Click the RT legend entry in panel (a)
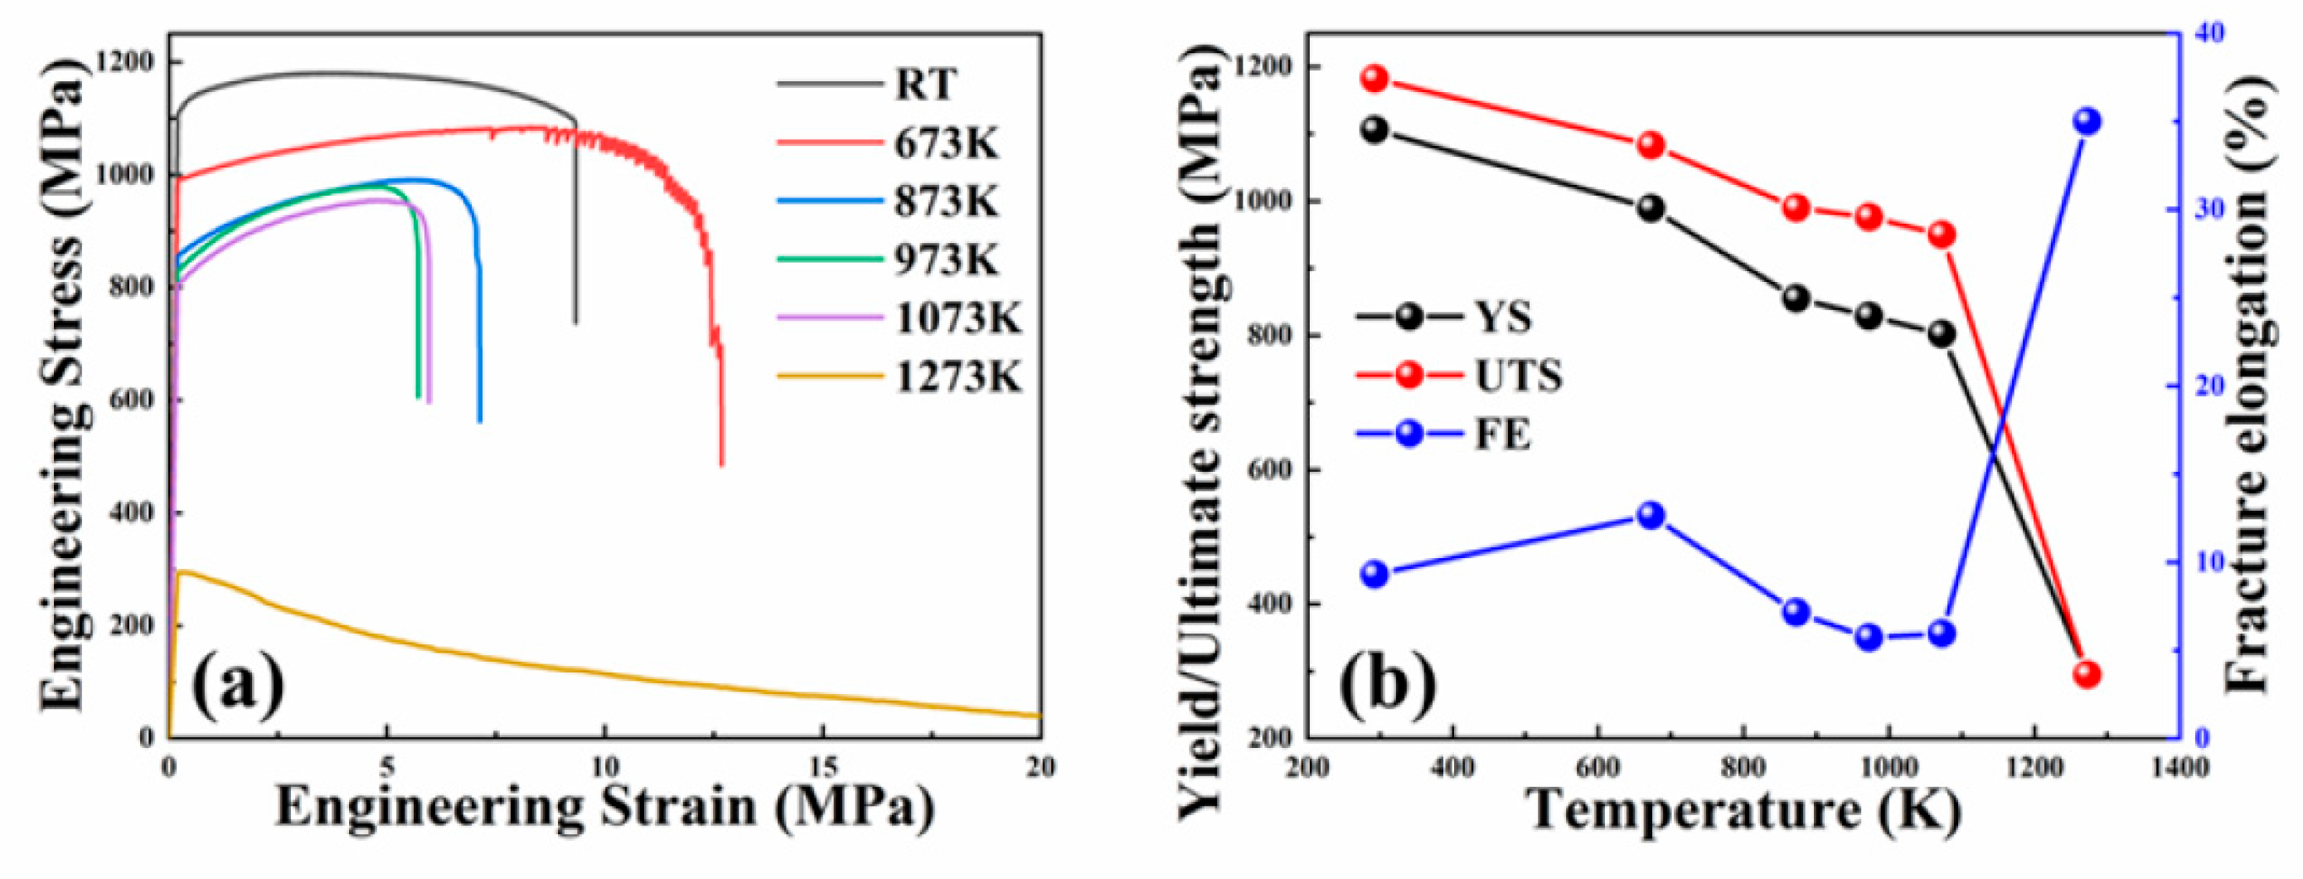[x=925, y=85]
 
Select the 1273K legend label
[x=958, y=377]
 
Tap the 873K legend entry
[x=946, y=202]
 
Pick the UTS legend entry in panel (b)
[x=1517, y=376]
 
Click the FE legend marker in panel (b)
[x=1409, y=435]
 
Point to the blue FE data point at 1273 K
[x=2087, y=122]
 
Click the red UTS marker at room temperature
[x=1375, y=79]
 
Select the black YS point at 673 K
[x=1651, y=208]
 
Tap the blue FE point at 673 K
[x=1651, y=515]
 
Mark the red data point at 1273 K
[x=2087, y=674]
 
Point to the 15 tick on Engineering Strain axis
[x=823, y=767]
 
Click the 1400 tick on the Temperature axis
[x=2180, y=767]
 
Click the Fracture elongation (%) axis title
[x=2248, y=385]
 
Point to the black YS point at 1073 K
[x=1941, y=333]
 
